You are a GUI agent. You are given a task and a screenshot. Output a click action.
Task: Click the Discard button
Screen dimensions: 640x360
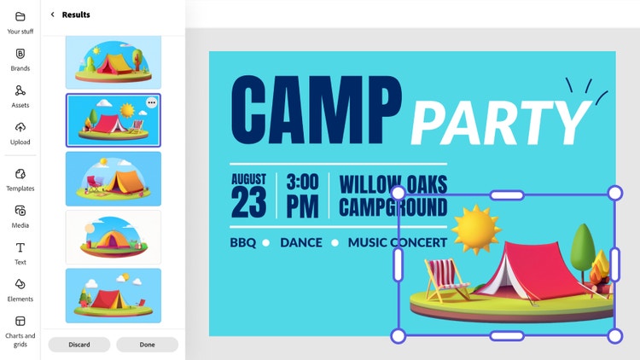(79, 345)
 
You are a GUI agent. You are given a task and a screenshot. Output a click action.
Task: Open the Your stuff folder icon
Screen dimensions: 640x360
(20, 17)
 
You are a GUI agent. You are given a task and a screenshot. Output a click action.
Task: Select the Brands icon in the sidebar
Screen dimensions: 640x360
(20, 54)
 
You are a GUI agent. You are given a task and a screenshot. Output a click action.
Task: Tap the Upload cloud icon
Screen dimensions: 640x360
(20, 127)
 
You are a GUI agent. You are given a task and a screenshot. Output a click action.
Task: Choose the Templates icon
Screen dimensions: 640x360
(20, 174)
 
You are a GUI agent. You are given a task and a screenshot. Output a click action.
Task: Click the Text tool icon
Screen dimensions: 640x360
(20, 247)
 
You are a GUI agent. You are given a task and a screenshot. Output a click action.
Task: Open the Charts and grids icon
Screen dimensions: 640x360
(20, 322)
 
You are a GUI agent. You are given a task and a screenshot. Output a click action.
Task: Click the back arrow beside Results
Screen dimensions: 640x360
(52, 15)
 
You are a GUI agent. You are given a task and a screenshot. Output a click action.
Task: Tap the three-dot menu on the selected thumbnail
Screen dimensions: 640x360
(151, 102)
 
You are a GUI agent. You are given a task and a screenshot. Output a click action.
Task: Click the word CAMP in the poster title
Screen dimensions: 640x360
(317, 110)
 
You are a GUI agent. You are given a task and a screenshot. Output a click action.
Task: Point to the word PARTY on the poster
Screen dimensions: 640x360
(501, 123)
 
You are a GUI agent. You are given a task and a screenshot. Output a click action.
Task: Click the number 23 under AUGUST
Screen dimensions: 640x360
(248, 202)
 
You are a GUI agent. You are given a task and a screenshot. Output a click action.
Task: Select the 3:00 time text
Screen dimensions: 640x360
(302, 182)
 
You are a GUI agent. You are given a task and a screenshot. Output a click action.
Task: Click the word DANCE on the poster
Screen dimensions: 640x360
(301, 242)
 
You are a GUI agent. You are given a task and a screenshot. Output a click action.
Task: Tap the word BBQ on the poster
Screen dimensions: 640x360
(243, 242)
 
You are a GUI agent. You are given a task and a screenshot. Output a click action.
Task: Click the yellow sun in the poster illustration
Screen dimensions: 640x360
(476, 229)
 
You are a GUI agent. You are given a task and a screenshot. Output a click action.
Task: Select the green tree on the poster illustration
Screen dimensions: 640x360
(583, 249)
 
